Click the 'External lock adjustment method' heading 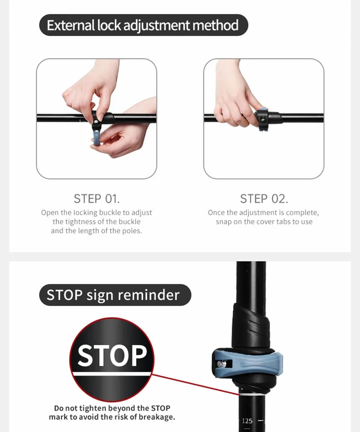coord(143,25)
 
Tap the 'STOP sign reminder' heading coord(113,295)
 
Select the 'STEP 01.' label coord(97,199)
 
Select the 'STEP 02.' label coord(264,199)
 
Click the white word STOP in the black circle coord(112,356)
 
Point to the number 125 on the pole coord(247,421)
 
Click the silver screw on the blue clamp coord(221,364)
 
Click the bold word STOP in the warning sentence coord(161,408)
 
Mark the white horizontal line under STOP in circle coord(112,374)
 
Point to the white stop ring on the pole coord(251,394)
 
